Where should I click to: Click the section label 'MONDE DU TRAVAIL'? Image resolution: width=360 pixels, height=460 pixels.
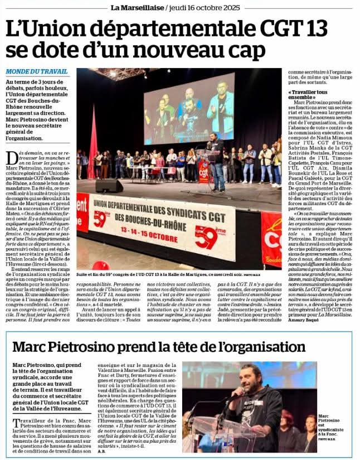pos(38,72)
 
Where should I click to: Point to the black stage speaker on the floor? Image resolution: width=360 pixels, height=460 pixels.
pos(109,185)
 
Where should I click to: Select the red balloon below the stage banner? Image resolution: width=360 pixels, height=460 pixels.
pos(100,266)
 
